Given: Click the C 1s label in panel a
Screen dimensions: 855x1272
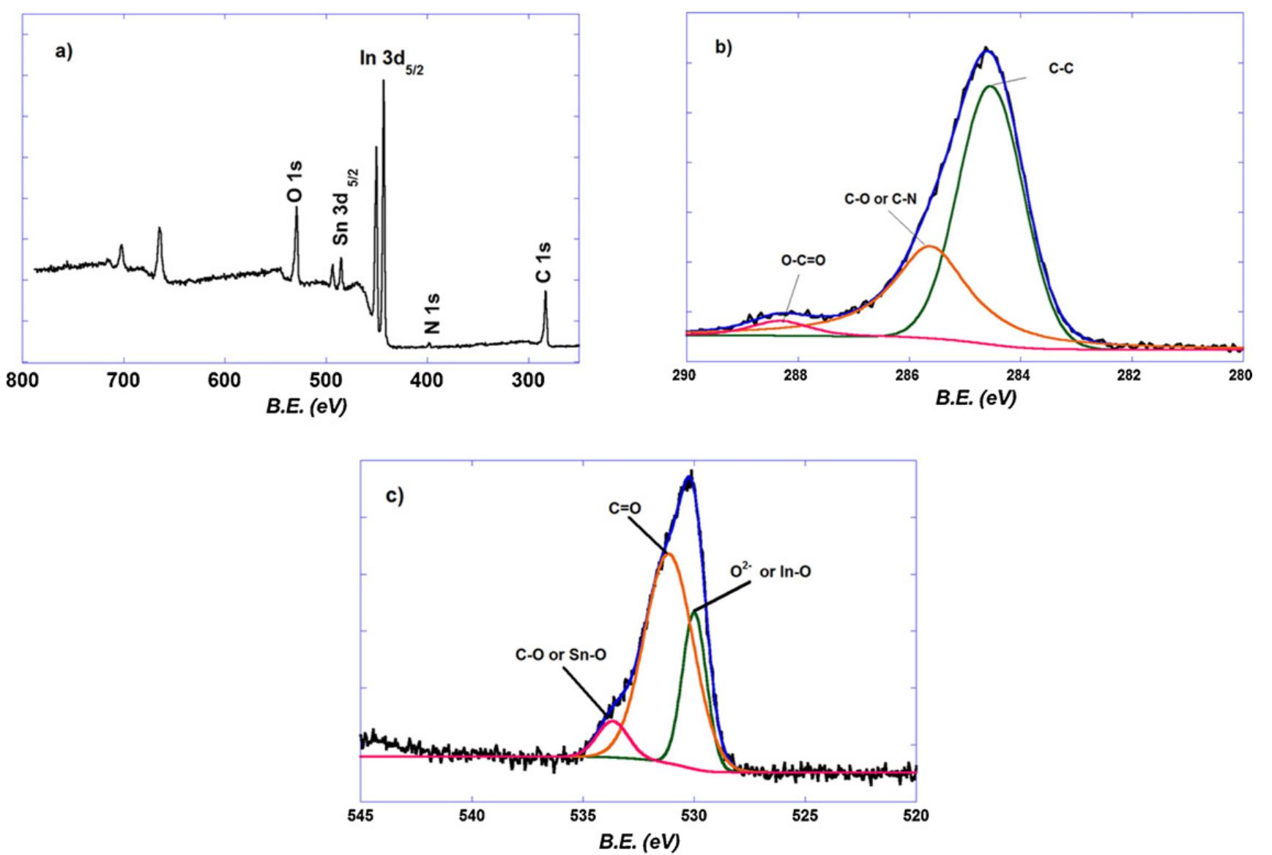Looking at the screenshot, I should [x=543, y=262].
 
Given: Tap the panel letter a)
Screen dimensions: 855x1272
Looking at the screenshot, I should [x=64, y=52].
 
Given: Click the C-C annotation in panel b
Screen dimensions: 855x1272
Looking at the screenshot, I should [x=1061, y=69].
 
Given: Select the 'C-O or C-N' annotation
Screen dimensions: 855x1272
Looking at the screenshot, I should [x=879, y=199].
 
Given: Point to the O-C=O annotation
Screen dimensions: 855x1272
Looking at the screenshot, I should [x=803, y=260].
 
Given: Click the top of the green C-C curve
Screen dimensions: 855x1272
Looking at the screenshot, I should [x=990, y=86].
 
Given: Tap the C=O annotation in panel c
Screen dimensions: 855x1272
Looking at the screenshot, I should [x=625, y=507].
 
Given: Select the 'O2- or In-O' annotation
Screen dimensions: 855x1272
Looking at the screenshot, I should [x=771, y=571].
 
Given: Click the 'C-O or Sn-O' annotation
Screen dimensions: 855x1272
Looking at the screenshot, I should [x=560, y=655].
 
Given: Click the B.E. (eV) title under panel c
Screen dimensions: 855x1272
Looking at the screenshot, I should [x=639, y=842].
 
